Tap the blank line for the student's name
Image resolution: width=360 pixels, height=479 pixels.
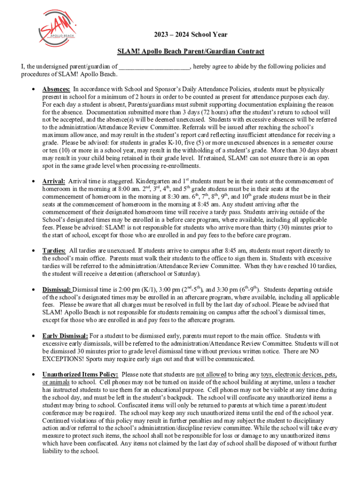[154, 66]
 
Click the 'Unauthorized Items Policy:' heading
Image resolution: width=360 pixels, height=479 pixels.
[80, 375]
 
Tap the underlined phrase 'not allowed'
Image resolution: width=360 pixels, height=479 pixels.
[211, 375]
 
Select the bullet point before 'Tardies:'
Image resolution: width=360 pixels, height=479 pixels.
[33, 252]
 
